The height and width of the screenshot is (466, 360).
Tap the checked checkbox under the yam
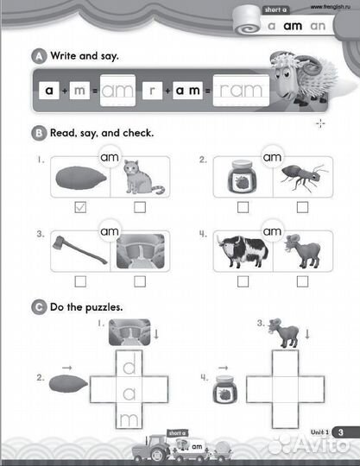tap(79, 206)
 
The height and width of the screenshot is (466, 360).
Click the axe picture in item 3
tap(82, 249)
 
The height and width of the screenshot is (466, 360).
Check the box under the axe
tap(79, 280)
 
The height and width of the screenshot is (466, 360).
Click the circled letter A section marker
tap(37, 57)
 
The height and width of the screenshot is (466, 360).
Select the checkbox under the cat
tap(140, 206)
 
